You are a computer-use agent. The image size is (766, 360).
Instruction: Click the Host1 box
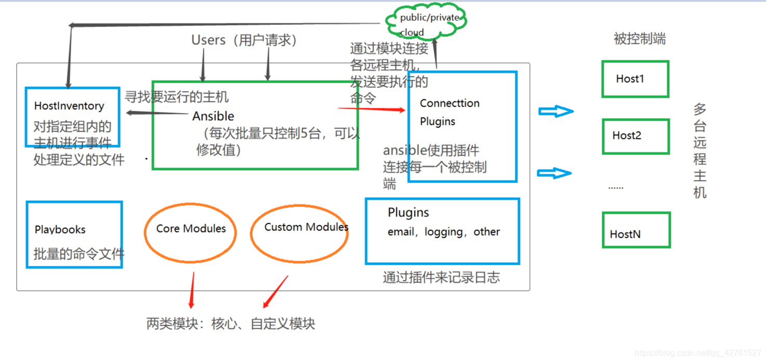point(635,79)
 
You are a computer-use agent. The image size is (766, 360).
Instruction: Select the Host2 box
point(635,136)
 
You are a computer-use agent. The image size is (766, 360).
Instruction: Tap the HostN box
point(636,230)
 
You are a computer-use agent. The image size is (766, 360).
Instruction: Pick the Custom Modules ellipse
point(300,233)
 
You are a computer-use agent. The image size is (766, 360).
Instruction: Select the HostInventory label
point(69,106)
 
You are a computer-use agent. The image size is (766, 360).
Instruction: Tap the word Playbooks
point(60,229)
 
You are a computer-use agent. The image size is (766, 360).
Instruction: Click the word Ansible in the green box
point(213,116)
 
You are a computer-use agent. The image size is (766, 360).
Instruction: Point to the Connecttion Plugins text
point(449,112)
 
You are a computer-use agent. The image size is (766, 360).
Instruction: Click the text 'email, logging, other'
point(444,232)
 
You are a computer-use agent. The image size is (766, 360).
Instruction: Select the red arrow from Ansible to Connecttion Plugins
point(371,109)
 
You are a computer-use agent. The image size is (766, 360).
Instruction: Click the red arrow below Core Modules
point(192,290)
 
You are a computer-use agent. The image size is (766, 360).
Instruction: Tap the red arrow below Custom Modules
point(275,292)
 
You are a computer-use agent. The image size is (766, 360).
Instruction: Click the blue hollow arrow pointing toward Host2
point(554,173)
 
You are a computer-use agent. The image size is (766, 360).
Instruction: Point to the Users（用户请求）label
point(244,41)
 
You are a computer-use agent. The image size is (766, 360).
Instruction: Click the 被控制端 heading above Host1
point(639,39)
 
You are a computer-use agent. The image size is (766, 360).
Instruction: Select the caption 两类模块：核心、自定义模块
point(231,324)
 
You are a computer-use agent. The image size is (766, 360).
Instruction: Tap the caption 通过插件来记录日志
point(441,278)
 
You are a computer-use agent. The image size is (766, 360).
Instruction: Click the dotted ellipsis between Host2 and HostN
point(616,187)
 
